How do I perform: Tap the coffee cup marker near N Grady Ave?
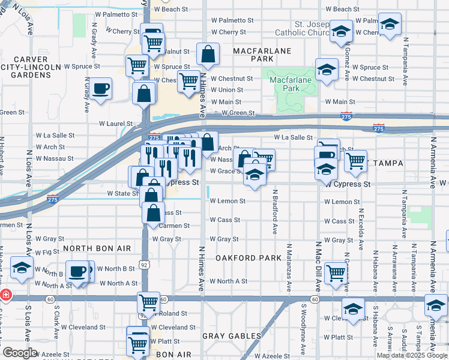(100, 89)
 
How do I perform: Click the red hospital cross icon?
(5, 295)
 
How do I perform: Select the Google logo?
(20, 353)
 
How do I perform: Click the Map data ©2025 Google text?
(412, 355)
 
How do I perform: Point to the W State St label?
(122, 194)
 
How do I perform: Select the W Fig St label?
(51, 253)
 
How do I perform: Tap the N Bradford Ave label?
(275, 212)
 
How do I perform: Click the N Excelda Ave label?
(361, 229)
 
